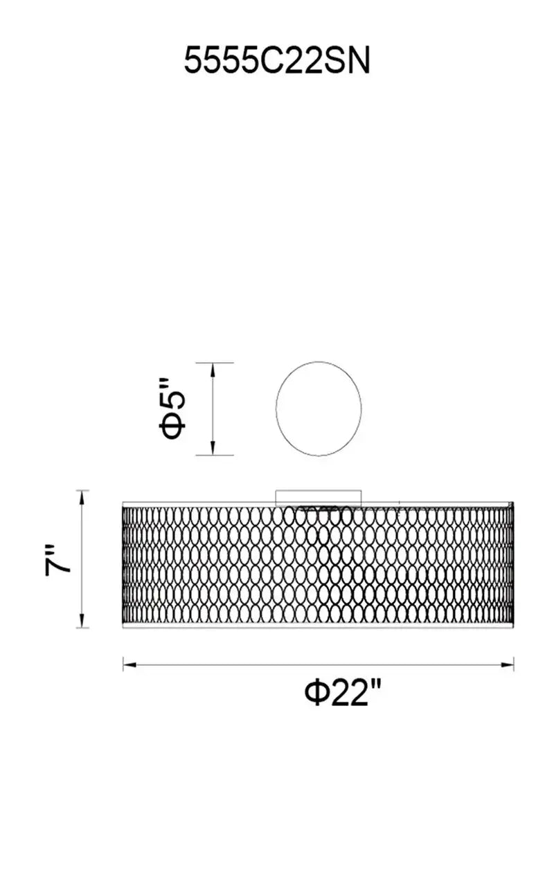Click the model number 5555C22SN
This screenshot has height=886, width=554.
pyautogui.click(x=277, y=60)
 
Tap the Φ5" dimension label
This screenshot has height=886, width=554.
pyautogui.click(x=172, y=409)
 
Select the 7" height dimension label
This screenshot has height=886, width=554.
pyautogui.click(x=57, y=561)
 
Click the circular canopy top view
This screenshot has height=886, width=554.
pyautogui.click(x=319, y=361)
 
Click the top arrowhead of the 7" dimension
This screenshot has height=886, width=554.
pyautogui.click(x=82, y=497)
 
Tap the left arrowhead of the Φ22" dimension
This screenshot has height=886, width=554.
pyautogui.click(x=129, y=665)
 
